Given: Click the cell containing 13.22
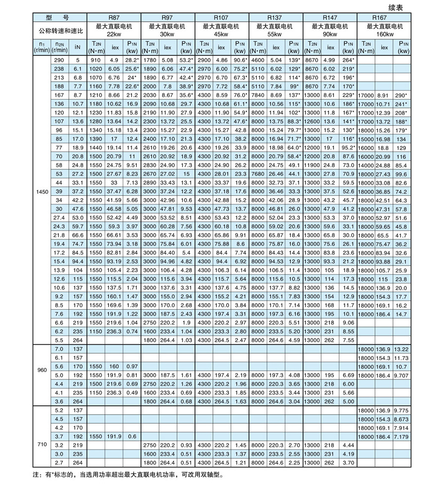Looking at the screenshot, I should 400,350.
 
